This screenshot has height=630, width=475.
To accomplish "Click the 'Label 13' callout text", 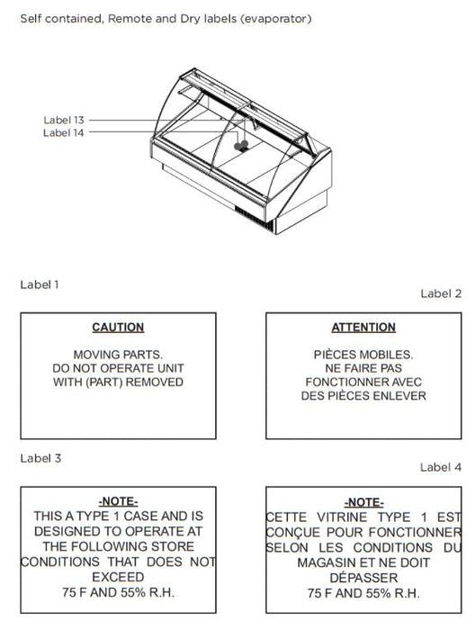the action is [64, 120].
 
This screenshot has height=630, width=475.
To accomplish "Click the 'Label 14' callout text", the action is [64, 132].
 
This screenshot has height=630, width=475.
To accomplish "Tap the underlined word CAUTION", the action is [118, 328].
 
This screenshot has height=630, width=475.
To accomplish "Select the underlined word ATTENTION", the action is [363, 328].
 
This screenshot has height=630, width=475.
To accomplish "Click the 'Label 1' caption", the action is [40, 284].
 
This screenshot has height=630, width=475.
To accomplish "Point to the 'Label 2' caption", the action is [441, 293].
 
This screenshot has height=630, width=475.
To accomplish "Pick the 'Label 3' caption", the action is [40, 458].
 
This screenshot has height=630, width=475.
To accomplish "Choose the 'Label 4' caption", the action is [441, 467].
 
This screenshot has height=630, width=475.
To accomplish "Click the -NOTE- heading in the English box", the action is [118, 501].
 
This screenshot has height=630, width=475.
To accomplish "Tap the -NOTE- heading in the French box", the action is [363, 502].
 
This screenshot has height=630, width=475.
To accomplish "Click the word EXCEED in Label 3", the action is [118, 577].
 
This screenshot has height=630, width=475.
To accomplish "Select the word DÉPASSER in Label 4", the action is [363, 578].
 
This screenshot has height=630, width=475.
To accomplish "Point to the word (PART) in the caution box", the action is [104, 382].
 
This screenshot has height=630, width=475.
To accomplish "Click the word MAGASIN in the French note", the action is [327, 562].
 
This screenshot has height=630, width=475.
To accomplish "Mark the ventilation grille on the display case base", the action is [254, 218].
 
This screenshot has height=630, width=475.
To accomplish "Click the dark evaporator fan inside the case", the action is [241, 146].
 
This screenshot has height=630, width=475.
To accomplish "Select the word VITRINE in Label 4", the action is [342, 517].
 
